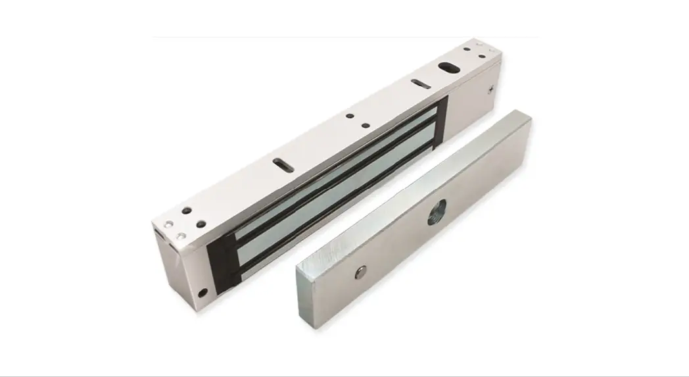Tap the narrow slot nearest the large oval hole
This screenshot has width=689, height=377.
tap(418, 83)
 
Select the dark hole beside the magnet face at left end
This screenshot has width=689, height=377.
tap(201, 224)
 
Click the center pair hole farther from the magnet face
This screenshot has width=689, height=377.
tap(349, 117)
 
